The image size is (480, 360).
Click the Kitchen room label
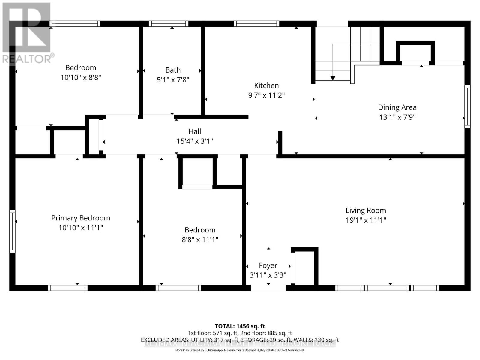pos(266,85)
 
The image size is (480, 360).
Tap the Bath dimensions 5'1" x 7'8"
pos(173,80)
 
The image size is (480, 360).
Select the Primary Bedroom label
pos(81,218)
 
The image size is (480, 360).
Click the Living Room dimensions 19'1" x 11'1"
pos(366,220)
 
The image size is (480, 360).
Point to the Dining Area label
pos(397,107)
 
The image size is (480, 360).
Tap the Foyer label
pos(268,265)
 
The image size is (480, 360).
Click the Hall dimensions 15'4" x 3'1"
pos(195,141)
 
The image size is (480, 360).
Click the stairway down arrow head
pos(333,78)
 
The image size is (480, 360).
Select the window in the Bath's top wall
pos(169,24)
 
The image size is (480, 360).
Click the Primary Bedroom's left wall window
pos(12,231)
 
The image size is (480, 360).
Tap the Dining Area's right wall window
pos(467,106)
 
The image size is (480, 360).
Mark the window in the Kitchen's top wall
pos(256,24)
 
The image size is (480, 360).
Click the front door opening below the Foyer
pos(268,288)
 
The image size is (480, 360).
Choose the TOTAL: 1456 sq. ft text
pos(240,326)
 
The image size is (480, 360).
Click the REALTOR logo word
pos(27,59)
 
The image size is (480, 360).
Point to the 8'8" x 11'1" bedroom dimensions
pos(200,240)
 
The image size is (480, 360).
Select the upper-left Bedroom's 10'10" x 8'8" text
pos(81,77)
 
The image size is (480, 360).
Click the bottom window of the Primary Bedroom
pos(68,288)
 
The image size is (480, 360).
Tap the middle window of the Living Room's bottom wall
pos(387,288)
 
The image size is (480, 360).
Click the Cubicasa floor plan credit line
pos(240,350)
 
